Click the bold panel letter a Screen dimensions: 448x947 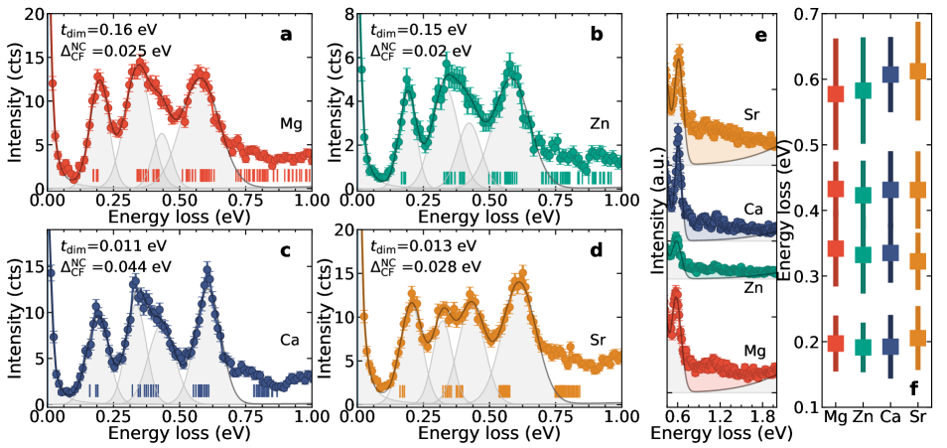[286, 35]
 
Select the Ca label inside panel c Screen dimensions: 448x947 [290, 340]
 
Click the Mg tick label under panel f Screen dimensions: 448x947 [835, 418]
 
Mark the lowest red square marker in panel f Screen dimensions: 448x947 [835, 344]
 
